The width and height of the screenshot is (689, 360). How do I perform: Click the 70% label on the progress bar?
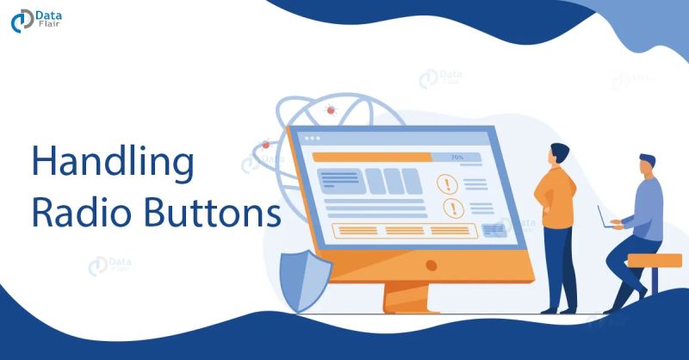tap(456, 158)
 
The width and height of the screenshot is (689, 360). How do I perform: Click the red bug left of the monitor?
tap(265, 145)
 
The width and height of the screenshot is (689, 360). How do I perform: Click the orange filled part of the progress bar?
tap(370, 157)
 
